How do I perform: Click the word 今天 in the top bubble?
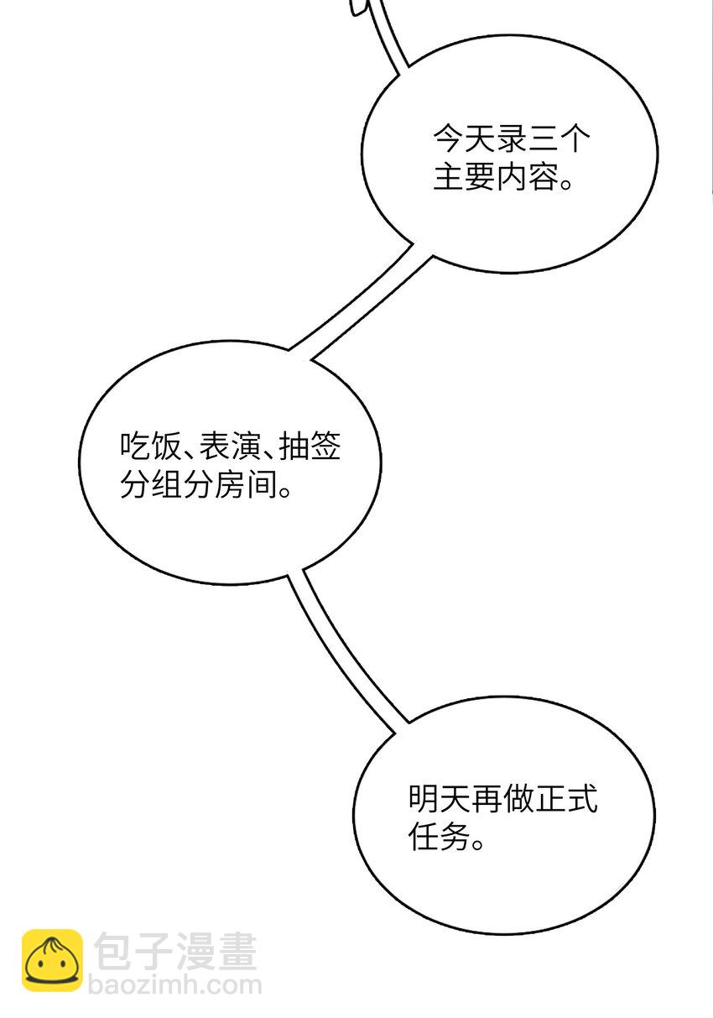[464, 138]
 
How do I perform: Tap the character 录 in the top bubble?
[511, 138]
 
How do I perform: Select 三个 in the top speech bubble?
[559, 138]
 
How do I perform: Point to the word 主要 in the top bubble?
[464, 176]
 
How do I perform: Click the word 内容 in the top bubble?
[528, 176]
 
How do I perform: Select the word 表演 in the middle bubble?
[230, 446]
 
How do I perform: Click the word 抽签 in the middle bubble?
[310, 446]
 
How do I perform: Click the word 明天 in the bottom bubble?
[440, 799]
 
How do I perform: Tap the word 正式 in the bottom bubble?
[566, 799]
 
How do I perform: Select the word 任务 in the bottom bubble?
[440, 837]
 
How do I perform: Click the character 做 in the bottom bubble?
[518, 799]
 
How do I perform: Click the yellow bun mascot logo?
[53, 960]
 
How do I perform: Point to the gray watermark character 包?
[112, 951]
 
